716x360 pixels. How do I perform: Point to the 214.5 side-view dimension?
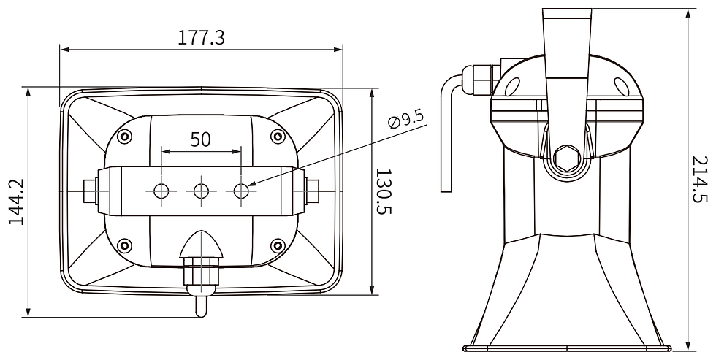(x=702, y=180)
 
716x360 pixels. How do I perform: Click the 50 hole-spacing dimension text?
(x=201, y=139)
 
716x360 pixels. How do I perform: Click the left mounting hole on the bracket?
(x=161, y=191)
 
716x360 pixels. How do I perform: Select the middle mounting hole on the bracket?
(x=201, y=191)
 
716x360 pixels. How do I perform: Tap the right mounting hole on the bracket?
(x=241, y=191)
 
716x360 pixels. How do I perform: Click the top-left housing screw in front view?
(x=125, y=136)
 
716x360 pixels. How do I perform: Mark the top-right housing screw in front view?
(x=277, y=136)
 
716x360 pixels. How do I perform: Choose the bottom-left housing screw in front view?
(x=125, y=245)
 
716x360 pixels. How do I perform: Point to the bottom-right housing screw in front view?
(x=277, y=245)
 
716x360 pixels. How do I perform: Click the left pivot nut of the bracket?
(x=91, y=191)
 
